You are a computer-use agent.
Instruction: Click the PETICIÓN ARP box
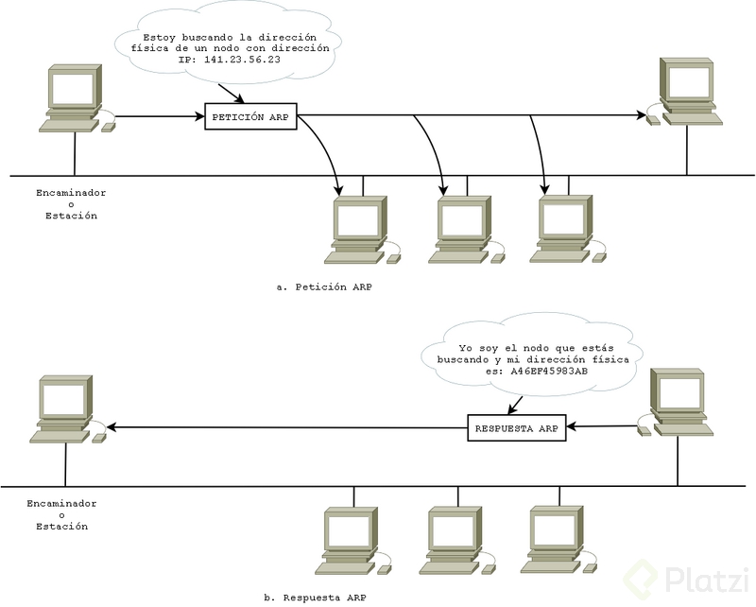tap(250, 117)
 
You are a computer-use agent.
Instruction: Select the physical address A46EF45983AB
tap(548, 373)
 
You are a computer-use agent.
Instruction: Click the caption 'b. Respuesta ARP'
tap(315, 598)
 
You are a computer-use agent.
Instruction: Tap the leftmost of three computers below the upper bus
tap(358, 230)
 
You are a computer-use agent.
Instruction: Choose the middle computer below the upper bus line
tap(462, 230)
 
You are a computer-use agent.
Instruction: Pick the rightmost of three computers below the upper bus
tap(563, 230)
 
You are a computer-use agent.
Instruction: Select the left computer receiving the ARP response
tap(64, 409)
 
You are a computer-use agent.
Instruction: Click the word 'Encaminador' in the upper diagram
tap(71, 192)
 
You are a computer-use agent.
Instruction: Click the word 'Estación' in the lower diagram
tap(61, 527)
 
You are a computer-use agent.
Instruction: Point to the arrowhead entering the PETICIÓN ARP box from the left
tap(200, 117)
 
